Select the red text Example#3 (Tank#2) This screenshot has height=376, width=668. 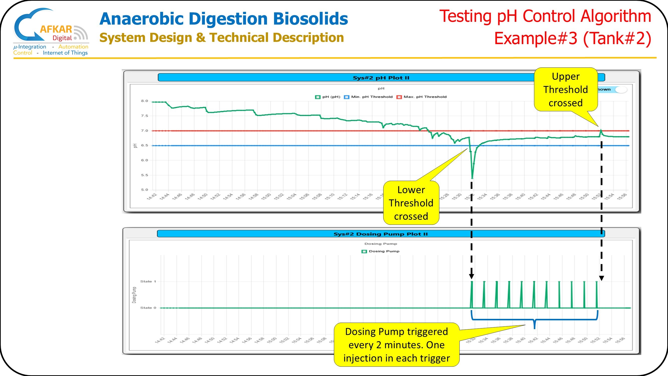[572, 38]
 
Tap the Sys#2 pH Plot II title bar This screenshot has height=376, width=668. [381, 78]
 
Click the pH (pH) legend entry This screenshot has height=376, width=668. [328, 97]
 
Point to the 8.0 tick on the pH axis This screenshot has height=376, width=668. [145, 101]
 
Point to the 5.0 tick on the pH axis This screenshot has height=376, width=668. [145, 190]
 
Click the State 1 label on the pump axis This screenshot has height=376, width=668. [148, 281]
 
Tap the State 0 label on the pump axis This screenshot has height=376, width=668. [148, 308]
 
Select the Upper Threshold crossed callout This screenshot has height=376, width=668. [566, 89]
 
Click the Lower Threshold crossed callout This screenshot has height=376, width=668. [411, 203]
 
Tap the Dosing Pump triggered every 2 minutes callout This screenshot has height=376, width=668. [396, 345]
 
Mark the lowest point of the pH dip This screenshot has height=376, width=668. [472, 178]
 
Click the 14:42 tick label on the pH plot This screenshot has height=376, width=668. [152, 197]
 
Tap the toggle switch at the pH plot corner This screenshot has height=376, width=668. [621, 89]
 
